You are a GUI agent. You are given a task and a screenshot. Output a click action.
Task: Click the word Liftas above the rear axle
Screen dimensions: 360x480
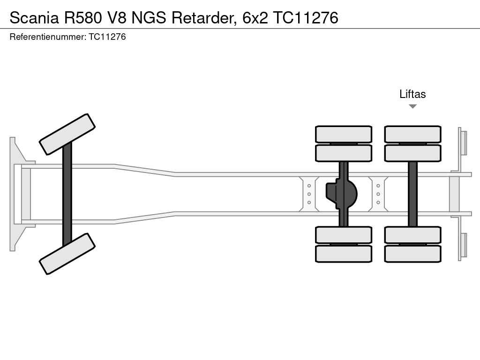point(412,94)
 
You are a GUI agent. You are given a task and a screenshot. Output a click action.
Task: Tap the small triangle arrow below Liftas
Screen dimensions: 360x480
point(412,106)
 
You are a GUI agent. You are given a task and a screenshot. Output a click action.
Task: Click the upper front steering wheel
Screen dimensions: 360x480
point(67,134)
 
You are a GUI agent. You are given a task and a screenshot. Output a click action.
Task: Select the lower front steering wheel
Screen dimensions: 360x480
point(67,254)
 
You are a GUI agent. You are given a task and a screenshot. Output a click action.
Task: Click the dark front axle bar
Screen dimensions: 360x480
point(67,193)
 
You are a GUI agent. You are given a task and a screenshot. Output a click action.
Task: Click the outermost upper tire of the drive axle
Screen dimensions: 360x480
point(344,134)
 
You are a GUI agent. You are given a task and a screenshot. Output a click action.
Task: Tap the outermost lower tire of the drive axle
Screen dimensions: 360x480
point(344,254)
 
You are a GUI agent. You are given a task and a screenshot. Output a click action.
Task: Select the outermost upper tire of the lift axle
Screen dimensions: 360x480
point(412,134)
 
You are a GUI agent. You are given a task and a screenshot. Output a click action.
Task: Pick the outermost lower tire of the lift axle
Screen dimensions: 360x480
point(412,254)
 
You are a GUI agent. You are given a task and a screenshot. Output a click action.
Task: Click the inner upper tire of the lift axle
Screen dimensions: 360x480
point(412,153)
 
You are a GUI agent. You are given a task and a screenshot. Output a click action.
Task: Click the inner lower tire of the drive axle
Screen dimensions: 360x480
point(344,235)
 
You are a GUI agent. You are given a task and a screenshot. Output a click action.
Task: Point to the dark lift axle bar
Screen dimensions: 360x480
point(412,194)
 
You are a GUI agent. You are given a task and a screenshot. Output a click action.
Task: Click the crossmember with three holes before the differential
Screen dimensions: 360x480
point(309,194)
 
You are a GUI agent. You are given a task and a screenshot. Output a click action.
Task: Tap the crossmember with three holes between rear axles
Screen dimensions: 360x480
point(378,194)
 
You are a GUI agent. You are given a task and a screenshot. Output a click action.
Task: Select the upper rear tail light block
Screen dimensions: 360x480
point(463,142)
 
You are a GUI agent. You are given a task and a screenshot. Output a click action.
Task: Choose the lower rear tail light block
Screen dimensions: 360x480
point(463,245)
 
